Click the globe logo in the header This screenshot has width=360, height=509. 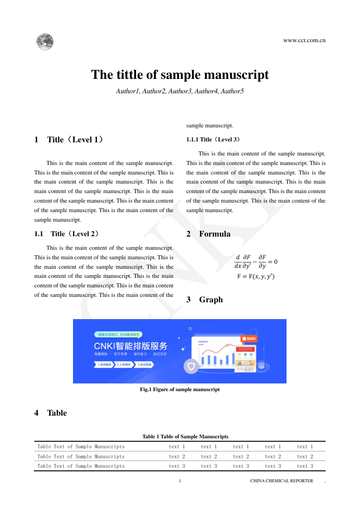click(45, 42)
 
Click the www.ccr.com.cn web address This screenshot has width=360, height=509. click(304, 40)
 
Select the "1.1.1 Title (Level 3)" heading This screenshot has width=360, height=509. click(214, 139)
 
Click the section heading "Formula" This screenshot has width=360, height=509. click(214, 234)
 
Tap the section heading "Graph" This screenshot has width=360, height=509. click(211, 300)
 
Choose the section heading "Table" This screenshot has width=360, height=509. click(57, 413)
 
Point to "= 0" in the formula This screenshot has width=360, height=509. click(272, 262)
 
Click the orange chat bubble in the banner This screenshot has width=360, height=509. click(249, 339)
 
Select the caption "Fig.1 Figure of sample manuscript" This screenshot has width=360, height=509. click(180, 389)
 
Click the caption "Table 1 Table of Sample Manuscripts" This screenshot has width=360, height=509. click(185, 436)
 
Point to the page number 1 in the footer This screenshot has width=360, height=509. click(180, 481)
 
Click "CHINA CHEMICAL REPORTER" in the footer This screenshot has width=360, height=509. click(281, 481)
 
